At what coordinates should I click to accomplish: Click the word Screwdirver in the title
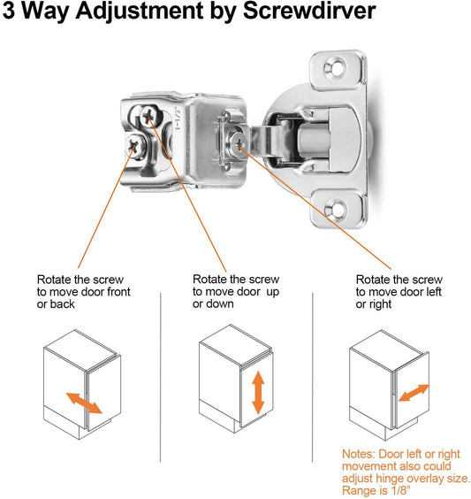pos(309,11)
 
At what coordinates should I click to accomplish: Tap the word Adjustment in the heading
pos(140,12)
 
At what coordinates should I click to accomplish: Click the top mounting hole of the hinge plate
pos(335,68)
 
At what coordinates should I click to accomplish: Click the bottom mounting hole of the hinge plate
pos(335,209)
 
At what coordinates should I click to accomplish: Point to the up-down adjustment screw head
pos(148,116)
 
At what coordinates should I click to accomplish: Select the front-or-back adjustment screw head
pos(134,146)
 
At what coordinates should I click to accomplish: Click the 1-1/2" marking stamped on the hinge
pos(178,119)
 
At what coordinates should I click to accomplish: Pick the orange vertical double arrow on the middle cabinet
pos(258,393)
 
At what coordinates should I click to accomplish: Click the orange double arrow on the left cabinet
pos(84,403)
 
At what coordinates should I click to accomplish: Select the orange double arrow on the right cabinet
pos(414,393)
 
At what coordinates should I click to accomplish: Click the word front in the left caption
pos(117,292)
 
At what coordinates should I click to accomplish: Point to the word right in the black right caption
pos(380,304)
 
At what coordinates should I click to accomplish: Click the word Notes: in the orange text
pos(359,454)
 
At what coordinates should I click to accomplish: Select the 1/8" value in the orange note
pos(399,490)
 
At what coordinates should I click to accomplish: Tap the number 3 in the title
pos(9,12)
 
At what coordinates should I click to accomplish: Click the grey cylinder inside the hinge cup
pos(313,140)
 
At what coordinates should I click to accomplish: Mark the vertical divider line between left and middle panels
pos(161,378)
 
